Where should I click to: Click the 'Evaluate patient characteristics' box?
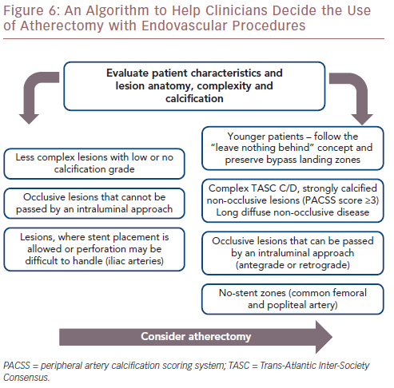point(194,86)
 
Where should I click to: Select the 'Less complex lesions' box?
point(94,164)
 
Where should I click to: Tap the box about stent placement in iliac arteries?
point(94,249)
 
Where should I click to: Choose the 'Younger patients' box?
point(293,148)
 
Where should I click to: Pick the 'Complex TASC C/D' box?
point(293,200)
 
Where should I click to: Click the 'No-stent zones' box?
point(293,299)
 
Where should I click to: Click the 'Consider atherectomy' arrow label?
point(196,337)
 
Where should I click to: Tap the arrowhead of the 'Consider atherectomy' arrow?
point(324,337)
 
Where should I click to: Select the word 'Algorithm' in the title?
point(117,11)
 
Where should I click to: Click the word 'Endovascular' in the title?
point(185,26)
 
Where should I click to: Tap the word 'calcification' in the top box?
point(194,99)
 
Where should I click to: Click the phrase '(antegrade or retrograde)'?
point(293,265)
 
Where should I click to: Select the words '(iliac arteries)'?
point(135,261)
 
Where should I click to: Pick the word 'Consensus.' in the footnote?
point(26,378)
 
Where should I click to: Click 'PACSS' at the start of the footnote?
point(17,366)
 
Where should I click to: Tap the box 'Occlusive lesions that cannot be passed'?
point(94,204)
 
